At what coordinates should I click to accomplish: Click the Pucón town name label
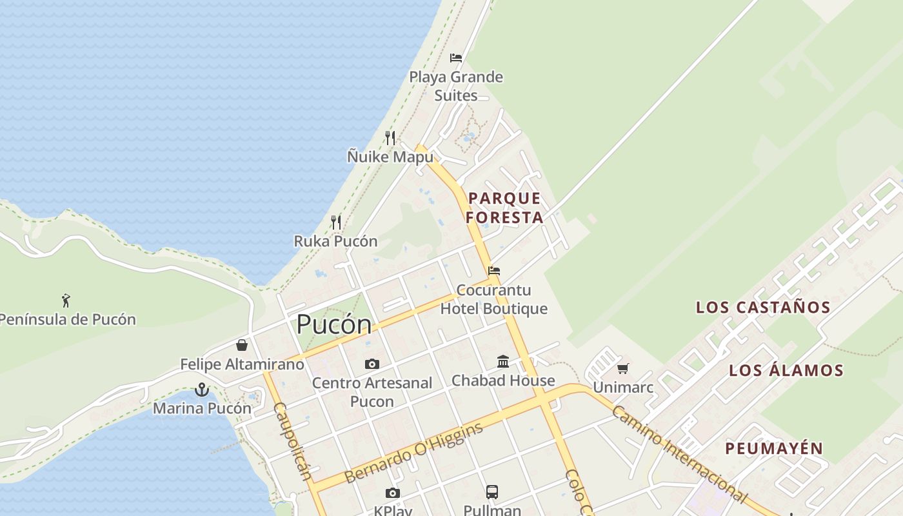coord(333,324)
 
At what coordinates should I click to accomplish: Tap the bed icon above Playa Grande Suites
coord(456,58)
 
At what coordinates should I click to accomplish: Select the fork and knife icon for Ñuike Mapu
coord(390,137)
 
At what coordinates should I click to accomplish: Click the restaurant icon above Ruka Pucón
coord(335,223)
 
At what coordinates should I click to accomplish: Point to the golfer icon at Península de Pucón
coord(66,300)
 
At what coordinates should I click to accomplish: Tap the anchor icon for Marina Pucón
coord(202,389)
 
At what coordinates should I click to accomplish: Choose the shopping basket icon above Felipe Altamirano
coord(242,345)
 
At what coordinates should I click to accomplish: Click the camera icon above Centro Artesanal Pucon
coord(372,364)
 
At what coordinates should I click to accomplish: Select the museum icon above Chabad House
coord(503,361)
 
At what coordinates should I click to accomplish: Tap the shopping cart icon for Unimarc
coord(622,369)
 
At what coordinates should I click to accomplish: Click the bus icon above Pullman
coord(492,491)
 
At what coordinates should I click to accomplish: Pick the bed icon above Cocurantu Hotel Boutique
coord(494,271)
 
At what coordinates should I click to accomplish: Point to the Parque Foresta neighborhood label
coord(504,208)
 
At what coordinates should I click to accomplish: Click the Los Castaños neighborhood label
coord(763,307)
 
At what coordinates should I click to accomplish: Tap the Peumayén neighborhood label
coord(774,448)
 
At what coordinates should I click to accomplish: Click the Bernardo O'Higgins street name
coord(413,453)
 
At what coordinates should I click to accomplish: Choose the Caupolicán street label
coord(293,442)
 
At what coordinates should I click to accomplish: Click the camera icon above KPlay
coord(392,493)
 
